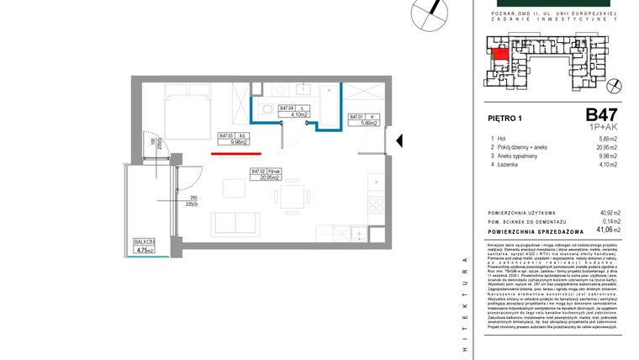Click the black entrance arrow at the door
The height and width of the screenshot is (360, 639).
tap(400, 140)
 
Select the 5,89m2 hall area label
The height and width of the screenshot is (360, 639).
tap(364, 120)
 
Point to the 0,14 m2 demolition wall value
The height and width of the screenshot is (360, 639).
tap(609, 220)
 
